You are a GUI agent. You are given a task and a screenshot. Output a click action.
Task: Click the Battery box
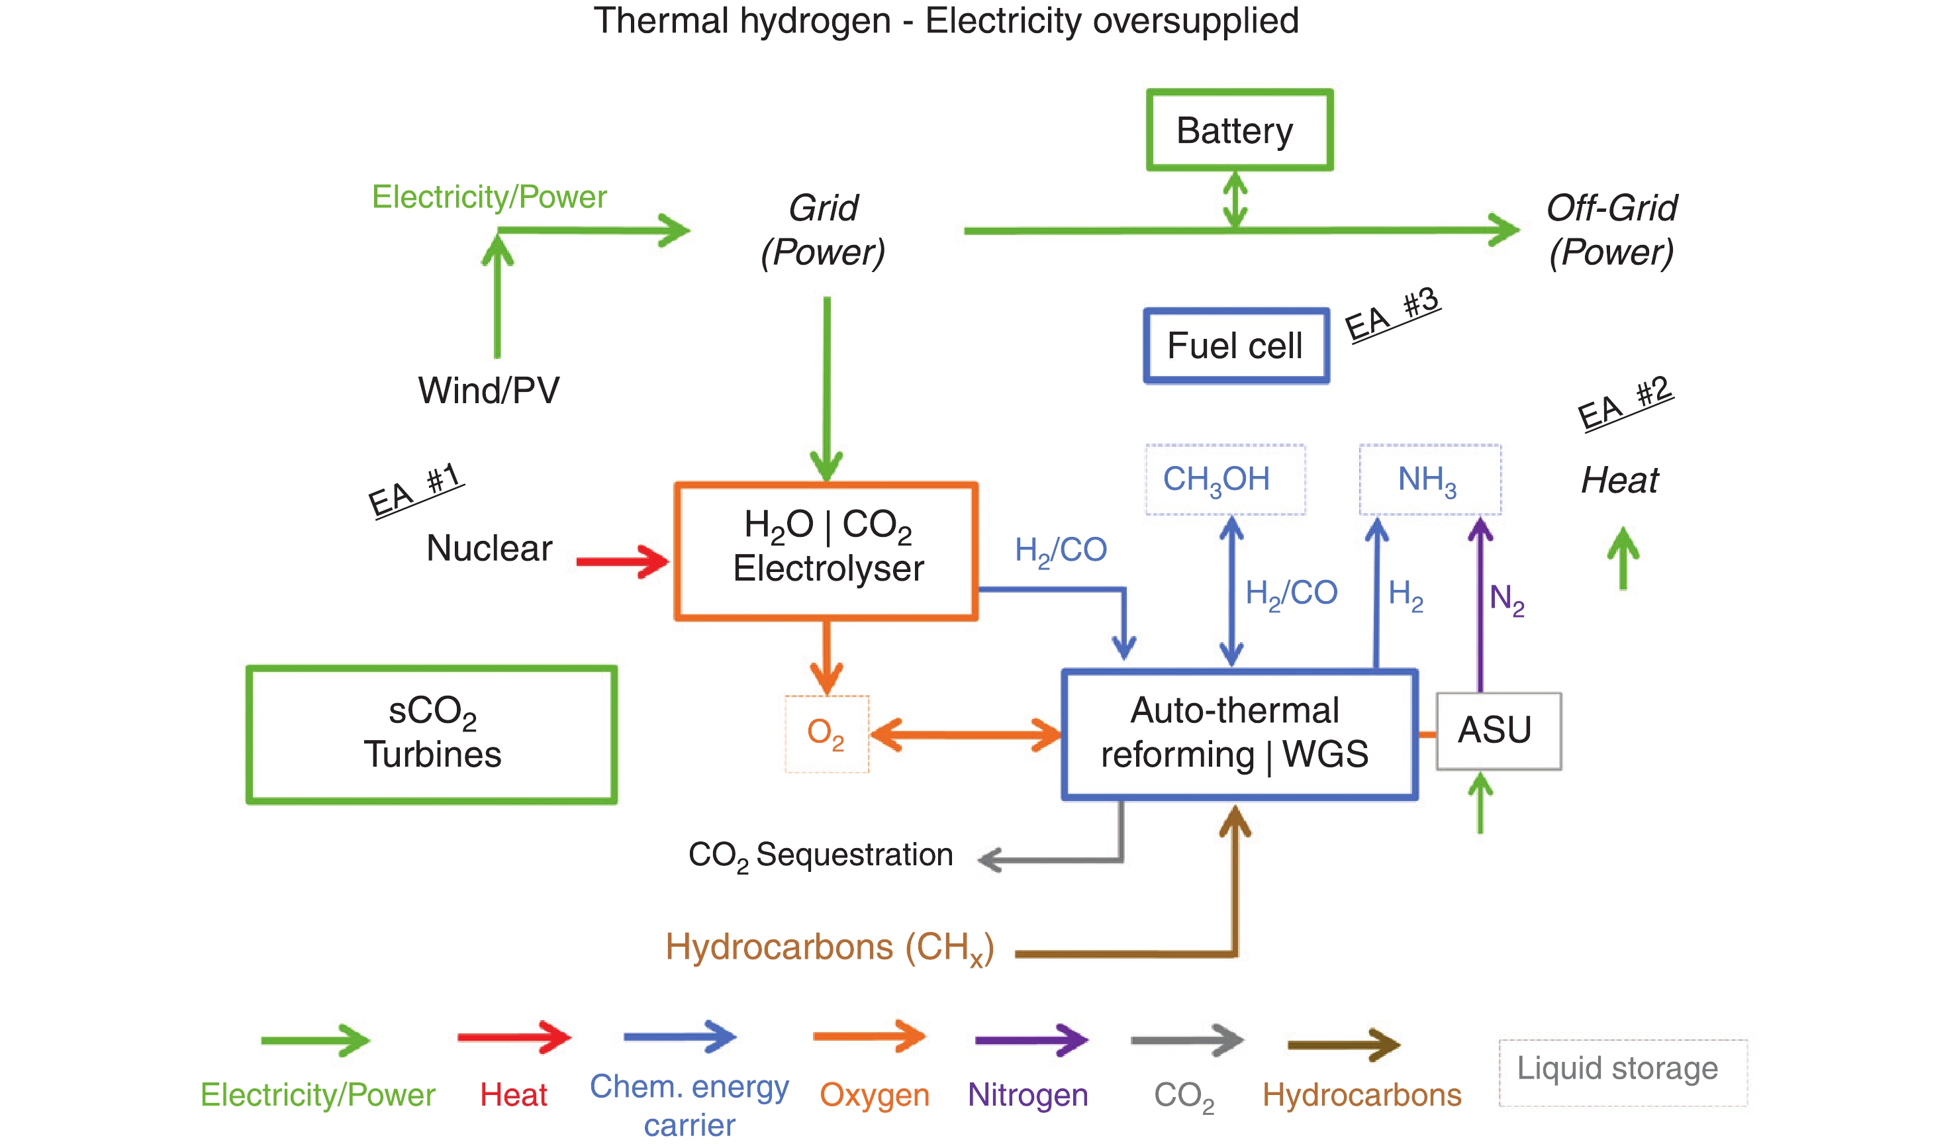[1239, 130]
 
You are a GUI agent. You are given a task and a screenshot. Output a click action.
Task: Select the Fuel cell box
[1236, 346]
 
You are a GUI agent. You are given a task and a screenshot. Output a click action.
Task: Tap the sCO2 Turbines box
[432, 734]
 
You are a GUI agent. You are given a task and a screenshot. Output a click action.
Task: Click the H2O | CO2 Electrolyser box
[826, 551]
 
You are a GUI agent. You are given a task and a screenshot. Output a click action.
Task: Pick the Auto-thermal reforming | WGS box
[1239, 734]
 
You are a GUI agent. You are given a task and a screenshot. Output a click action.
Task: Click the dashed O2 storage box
[826, 734]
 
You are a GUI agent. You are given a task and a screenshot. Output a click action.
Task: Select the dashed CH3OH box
[1225, 479]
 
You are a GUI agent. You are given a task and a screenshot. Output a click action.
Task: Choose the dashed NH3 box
[1429, 479]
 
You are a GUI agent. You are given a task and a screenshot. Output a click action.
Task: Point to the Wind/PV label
[489, 390]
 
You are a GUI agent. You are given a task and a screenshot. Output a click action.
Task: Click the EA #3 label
[1392, 314]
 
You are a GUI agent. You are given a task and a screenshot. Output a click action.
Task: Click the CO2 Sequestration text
[820, 855]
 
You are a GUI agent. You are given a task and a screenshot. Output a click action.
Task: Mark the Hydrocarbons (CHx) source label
[830, 948]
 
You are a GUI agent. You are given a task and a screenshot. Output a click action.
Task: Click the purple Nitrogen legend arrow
[1031, 1040]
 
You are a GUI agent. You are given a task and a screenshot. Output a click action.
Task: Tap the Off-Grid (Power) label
[1611, 230]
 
